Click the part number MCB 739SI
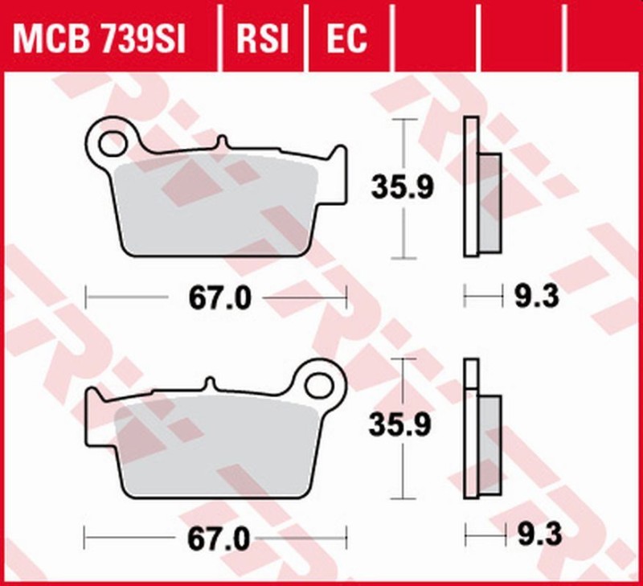(x=99, y=37)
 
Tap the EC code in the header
(x=347, y=37)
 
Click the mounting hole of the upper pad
(x=111, y=143)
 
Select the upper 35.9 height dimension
(x=402, y=188)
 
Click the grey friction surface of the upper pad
(x=217, y=205)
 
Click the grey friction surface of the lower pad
(x=217, y=446)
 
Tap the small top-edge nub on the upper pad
(x=219, y=143)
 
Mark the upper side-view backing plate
(x=472, y=186)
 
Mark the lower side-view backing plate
(x=472, y=426)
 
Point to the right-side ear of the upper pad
(x=338, y=161)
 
